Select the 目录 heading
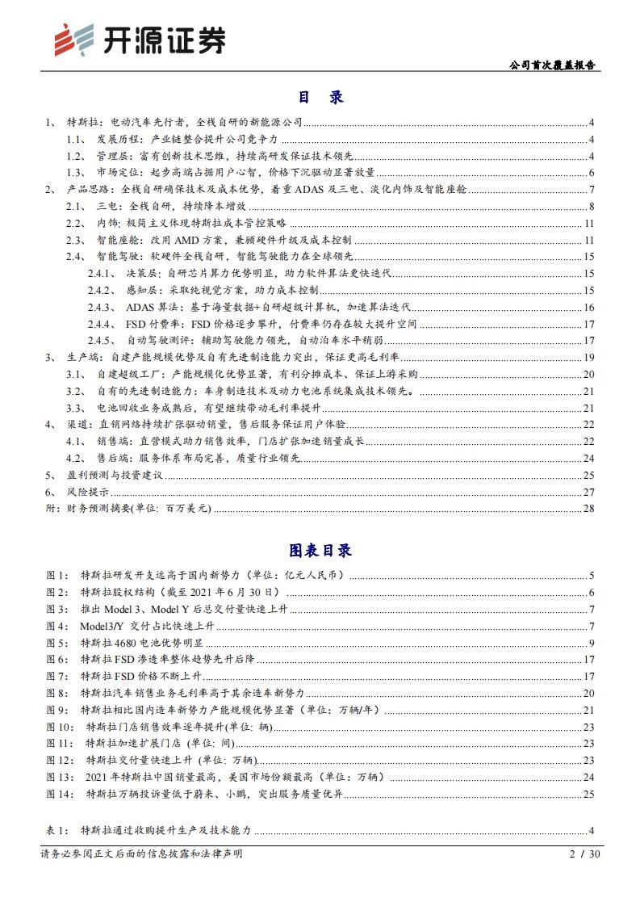[320, 97]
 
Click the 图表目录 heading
[320, 551]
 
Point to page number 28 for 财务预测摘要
[588, 509]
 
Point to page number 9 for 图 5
[592, 643]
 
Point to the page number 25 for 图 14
[588, 795]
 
